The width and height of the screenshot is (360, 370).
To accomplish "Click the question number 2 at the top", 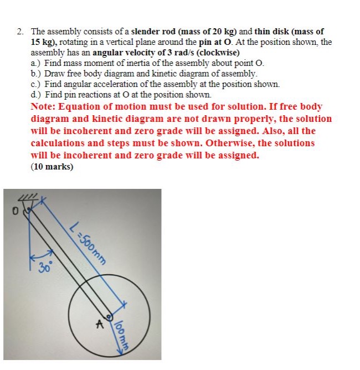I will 19,32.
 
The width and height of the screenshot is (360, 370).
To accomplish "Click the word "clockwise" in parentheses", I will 217,53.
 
